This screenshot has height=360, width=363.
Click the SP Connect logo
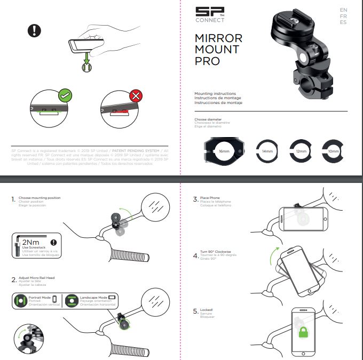210,14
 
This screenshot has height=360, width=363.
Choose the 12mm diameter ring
300,152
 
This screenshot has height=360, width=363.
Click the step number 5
195,311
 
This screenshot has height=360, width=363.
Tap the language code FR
343,17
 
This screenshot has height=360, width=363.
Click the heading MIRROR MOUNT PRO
218,50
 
